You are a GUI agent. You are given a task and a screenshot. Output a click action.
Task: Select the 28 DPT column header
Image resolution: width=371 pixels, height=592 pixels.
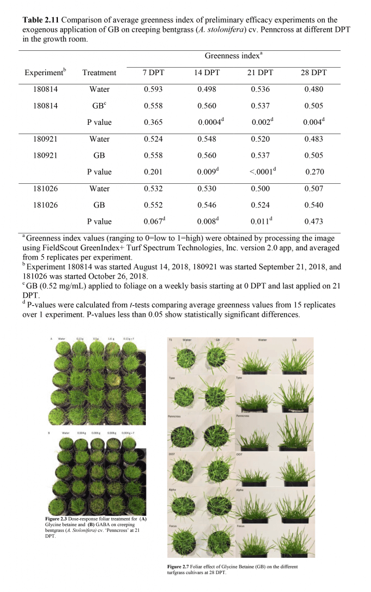coord(314,73)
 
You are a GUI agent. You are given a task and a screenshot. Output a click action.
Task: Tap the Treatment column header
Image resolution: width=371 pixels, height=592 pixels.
coord(99,73)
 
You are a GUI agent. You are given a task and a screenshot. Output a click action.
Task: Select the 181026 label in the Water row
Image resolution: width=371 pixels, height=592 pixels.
coord(43,188)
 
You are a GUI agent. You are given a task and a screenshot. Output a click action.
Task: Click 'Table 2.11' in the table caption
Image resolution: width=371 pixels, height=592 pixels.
coord(42,20)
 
